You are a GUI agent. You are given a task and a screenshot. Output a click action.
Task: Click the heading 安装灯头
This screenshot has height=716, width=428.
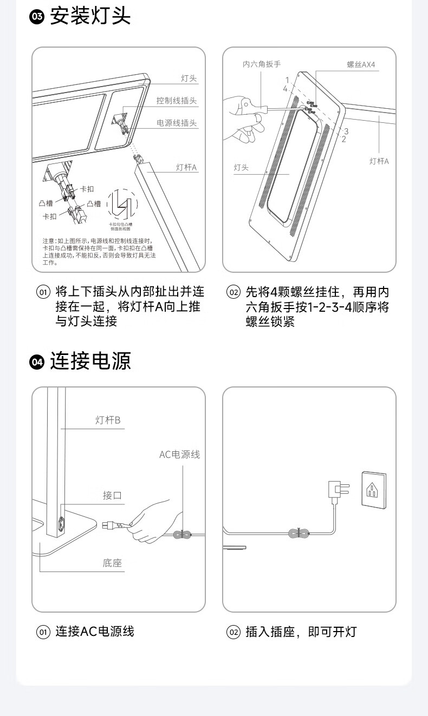(x=90, y=16)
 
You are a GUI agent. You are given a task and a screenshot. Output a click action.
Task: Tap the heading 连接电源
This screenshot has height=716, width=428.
(x=90, y=361)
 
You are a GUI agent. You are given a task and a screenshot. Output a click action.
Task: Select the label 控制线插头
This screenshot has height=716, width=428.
(x=177, y=101)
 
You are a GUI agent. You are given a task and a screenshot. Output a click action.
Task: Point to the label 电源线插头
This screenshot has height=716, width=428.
(x=177, y=123)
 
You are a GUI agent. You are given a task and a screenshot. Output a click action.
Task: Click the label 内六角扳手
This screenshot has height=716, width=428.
(x=261, y=64)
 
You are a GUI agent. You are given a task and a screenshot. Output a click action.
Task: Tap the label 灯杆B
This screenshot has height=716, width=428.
(x=108, y=420)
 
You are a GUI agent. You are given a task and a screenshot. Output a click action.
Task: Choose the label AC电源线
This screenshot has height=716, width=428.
(x=179, y=454)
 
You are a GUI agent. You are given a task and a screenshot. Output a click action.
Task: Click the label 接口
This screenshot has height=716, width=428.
(x=112, y=495)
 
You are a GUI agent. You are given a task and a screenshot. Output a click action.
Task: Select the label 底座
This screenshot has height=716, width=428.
(x=112, y=563)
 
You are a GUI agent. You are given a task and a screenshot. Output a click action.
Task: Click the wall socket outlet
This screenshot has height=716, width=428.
(x=374, y=490)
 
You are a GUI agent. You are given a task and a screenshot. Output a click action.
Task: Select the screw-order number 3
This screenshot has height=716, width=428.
(x=346, y=131)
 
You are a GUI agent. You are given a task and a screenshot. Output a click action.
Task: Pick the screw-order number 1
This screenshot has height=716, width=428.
(x=287, y=80)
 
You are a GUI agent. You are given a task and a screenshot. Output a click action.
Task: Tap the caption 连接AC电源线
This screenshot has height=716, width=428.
(x=94, y=631)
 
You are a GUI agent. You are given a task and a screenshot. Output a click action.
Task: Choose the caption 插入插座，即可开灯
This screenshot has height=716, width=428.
(x=301, y=631)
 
